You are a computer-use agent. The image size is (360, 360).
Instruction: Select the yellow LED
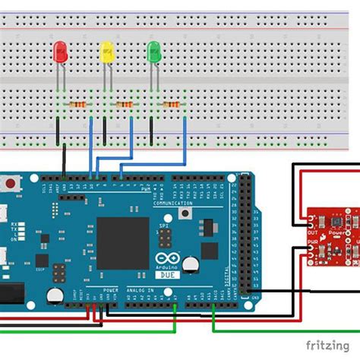pyautogui.click(x=107, y=52)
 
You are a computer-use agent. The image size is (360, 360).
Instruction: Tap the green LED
pyautogui.click(x=153, y=52)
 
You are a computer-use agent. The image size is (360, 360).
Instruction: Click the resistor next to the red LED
pyautogui.click(x=77, y=105)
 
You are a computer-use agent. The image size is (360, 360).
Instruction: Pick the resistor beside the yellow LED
pyautogui.click(x=124, y=105)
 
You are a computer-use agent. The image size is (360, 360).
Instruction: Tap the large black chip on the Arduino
pyautogui.click(x=122, y=242)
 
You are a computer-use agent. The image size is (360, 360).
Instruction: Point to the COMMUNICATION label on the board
pyautogui.click(x=173, y=204)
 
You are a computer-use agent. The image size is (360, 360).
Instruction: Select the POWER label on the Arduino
pyautogui.click(x=111, y=290)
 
